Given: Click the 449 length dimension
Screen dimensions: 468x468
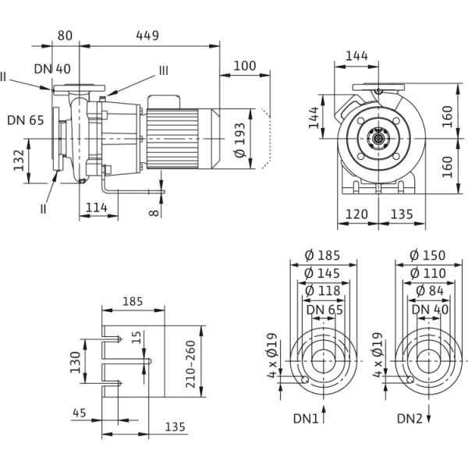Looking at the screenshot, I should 147,34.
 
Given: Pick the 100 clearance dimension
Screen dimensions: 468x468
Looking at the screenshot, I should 245,67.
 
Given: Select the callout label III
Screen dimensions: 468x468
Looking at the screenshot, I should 162,70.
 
